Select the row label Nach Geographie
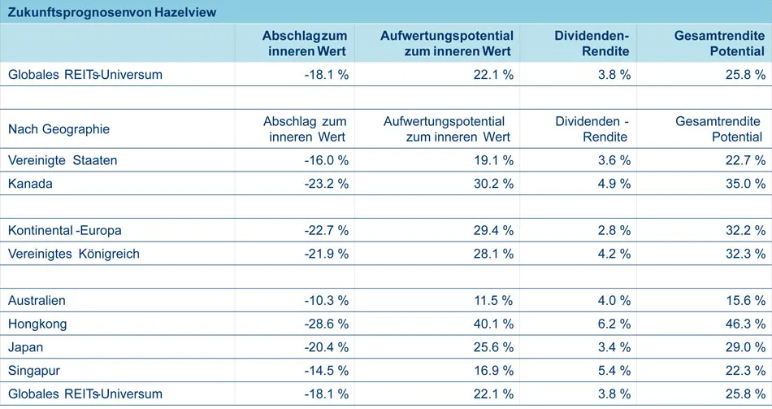(59, 128)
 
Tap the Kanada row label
(30, 184)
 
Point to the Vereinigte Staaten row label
(63, 160)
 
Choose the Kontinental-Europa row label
(64, 231)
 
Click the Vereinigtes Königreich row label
(73, 254)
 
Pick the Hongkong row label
(37, 324)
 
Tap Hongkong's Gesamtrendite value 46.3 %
(745, 324)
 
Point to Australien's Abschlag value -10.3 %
(326, 301)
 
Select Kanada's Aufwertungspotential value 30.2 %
(493, 184)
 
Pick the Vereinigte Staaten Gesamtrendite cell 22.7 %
(745, 160)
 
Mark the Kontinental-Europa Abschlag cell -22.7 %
(326, 231)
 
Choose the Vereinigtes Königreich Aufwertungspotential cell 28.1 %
(493, 254)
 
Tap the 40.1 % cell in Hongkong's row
(493, 324)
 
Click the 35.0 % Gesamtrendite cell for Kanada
(745, 184)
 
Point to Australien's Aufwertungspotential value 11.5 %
(493, 301)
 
